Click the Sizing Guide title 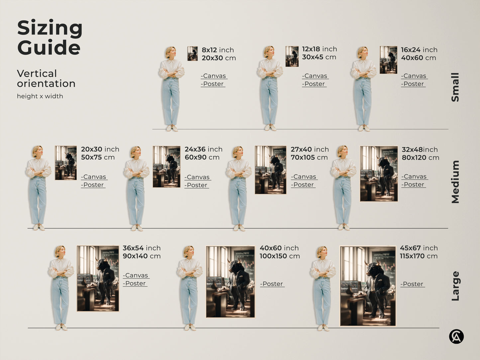pos(50,37)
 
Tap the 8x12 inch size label pos(218,50)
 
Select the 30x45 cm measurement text pos(319,57)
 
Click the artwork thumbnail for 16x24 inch pos(388,60)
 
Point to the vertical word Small pos(455,87)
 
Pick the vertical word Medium pos(455,182)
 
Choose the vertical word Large pos(455,286)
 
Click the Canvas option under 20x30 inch pos(94,177)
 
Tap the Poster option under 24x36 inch pos(197,185)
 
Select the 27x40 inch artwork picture pos(270,170)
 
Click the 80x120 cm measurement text pos(420,157)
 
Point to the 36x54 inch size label pos(142,248)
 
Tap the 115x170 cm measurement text pos(419,256)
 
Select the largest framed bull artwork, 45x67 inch pos(368,286)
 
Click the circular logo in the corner pos(456,336)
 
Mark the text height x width pos(40,96)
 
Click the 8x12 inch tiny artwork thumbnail pos(192,53)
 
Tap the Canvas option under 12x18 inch pos(315,76)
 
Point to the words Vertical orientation pos(46,78)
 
